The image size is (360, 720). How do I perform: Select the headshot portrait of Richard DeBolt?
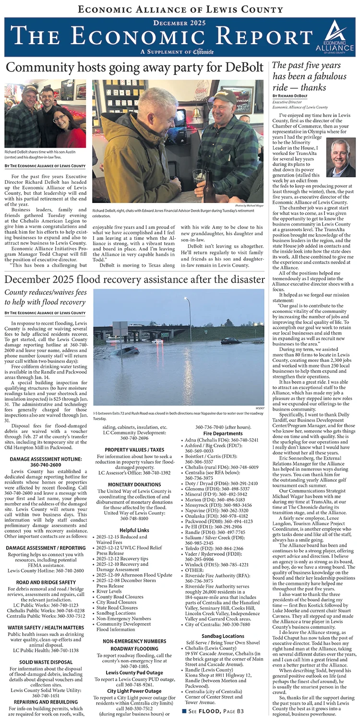(341, 158)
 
